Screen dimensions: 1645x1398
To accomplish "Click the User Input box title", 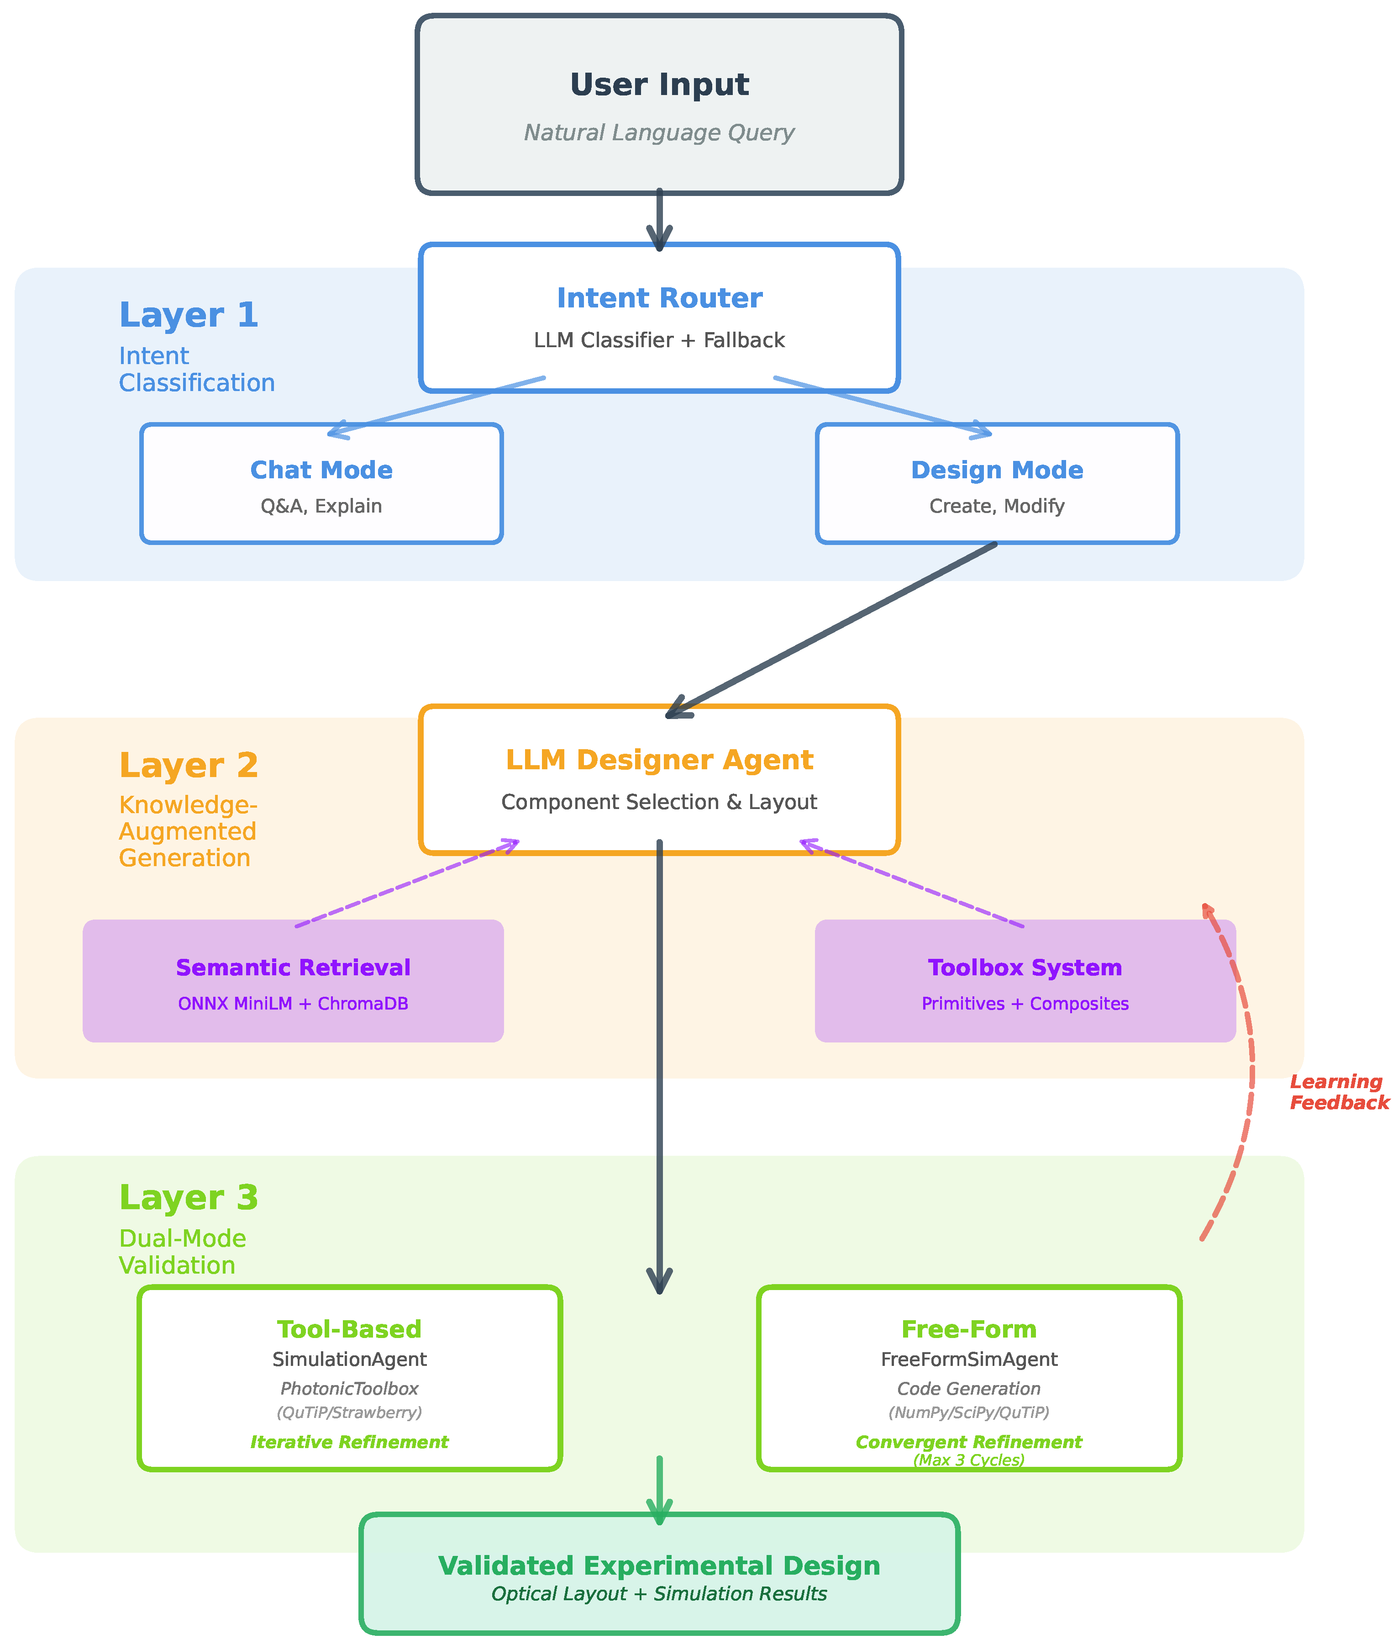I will click(x=659, y=85).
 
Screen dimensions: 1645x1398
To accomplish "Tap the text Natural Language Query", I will click(x=659, y=132).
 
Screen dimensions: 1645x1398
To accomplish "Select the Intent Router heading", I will click(x=659, y=298).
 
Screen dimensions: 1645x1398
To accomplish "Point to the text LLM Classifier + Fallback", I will click(x=659, y=340).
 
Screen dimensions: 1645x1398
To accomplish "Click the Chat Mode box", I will click(x=321, y=484).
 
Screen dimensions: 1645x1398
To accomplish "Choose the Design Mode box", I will click(x=997, y=484).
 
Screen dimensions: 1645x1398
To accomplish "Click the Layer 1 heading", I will click(x=189, y=315).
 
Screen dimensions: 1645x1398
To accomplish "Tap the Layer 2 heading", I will click(x=189, y=765).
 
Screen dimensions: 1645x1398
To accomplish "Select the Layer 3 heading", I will click(x=189, y=1197).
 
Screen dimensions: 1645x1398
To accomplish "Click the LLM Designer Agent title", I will click(x=659, y=760).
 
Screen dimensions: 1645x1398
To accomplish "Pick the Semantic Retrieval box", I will click(x=293, y=981).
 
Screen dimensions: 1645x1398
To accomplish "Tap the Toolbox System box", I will click(x=1025, y=981).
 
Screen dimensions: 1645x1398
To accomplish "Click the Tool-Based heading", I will click(x=350, y=1329).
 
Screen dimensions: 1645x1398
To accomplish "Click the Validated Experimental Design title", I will click(x=659, y=1566).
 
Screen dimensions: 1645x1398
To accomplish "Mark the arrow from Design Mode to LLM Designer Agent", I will click(x=832, y=630).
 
